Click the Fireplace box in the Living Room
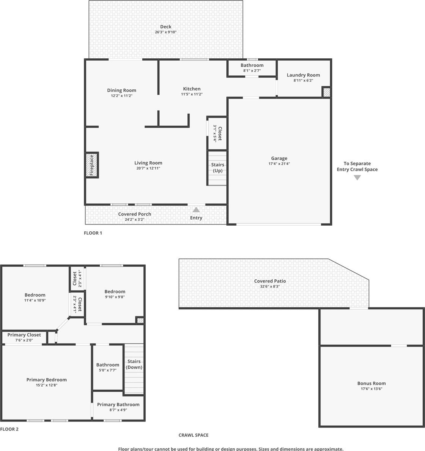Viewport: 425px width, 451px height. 92,165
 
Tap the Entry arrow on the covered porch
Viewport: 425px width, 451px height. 196,209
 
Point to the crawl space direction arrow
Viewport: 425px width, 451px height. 357,178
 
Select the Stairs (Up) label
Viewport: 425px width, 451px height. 218,167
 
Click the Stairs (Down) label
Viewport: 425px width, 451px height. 134,364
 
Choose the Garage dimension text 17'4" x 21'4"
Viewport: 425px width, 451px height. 279,164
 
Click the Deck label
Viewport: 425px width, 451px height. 166,27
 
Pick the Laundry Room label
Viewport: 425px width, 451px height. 304,75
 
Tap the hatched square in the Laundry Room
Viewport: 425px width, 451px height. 326,92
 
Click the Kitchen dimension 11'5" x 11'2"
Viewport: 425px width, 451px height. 192,94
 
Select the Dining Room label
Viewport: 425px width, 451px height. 121,91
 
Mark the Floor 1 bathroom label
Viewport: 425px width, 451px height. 252,65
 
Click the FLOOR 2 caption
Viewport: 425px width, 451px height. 9,429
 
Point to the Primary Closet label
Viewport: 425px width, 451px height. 24,335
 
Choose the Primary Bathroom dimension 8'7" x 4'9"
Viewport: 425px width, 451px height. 118,410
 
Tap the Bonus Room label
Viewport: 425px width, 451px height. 372,384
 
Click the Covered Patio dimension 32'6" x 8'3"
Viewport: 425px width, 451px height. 270,287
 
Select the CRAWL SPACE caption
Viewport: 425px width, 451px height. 193,435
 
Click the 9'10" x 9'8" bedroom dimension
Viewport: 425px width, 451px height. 115,297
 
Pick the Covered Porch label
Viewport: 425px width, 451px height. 135,214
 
